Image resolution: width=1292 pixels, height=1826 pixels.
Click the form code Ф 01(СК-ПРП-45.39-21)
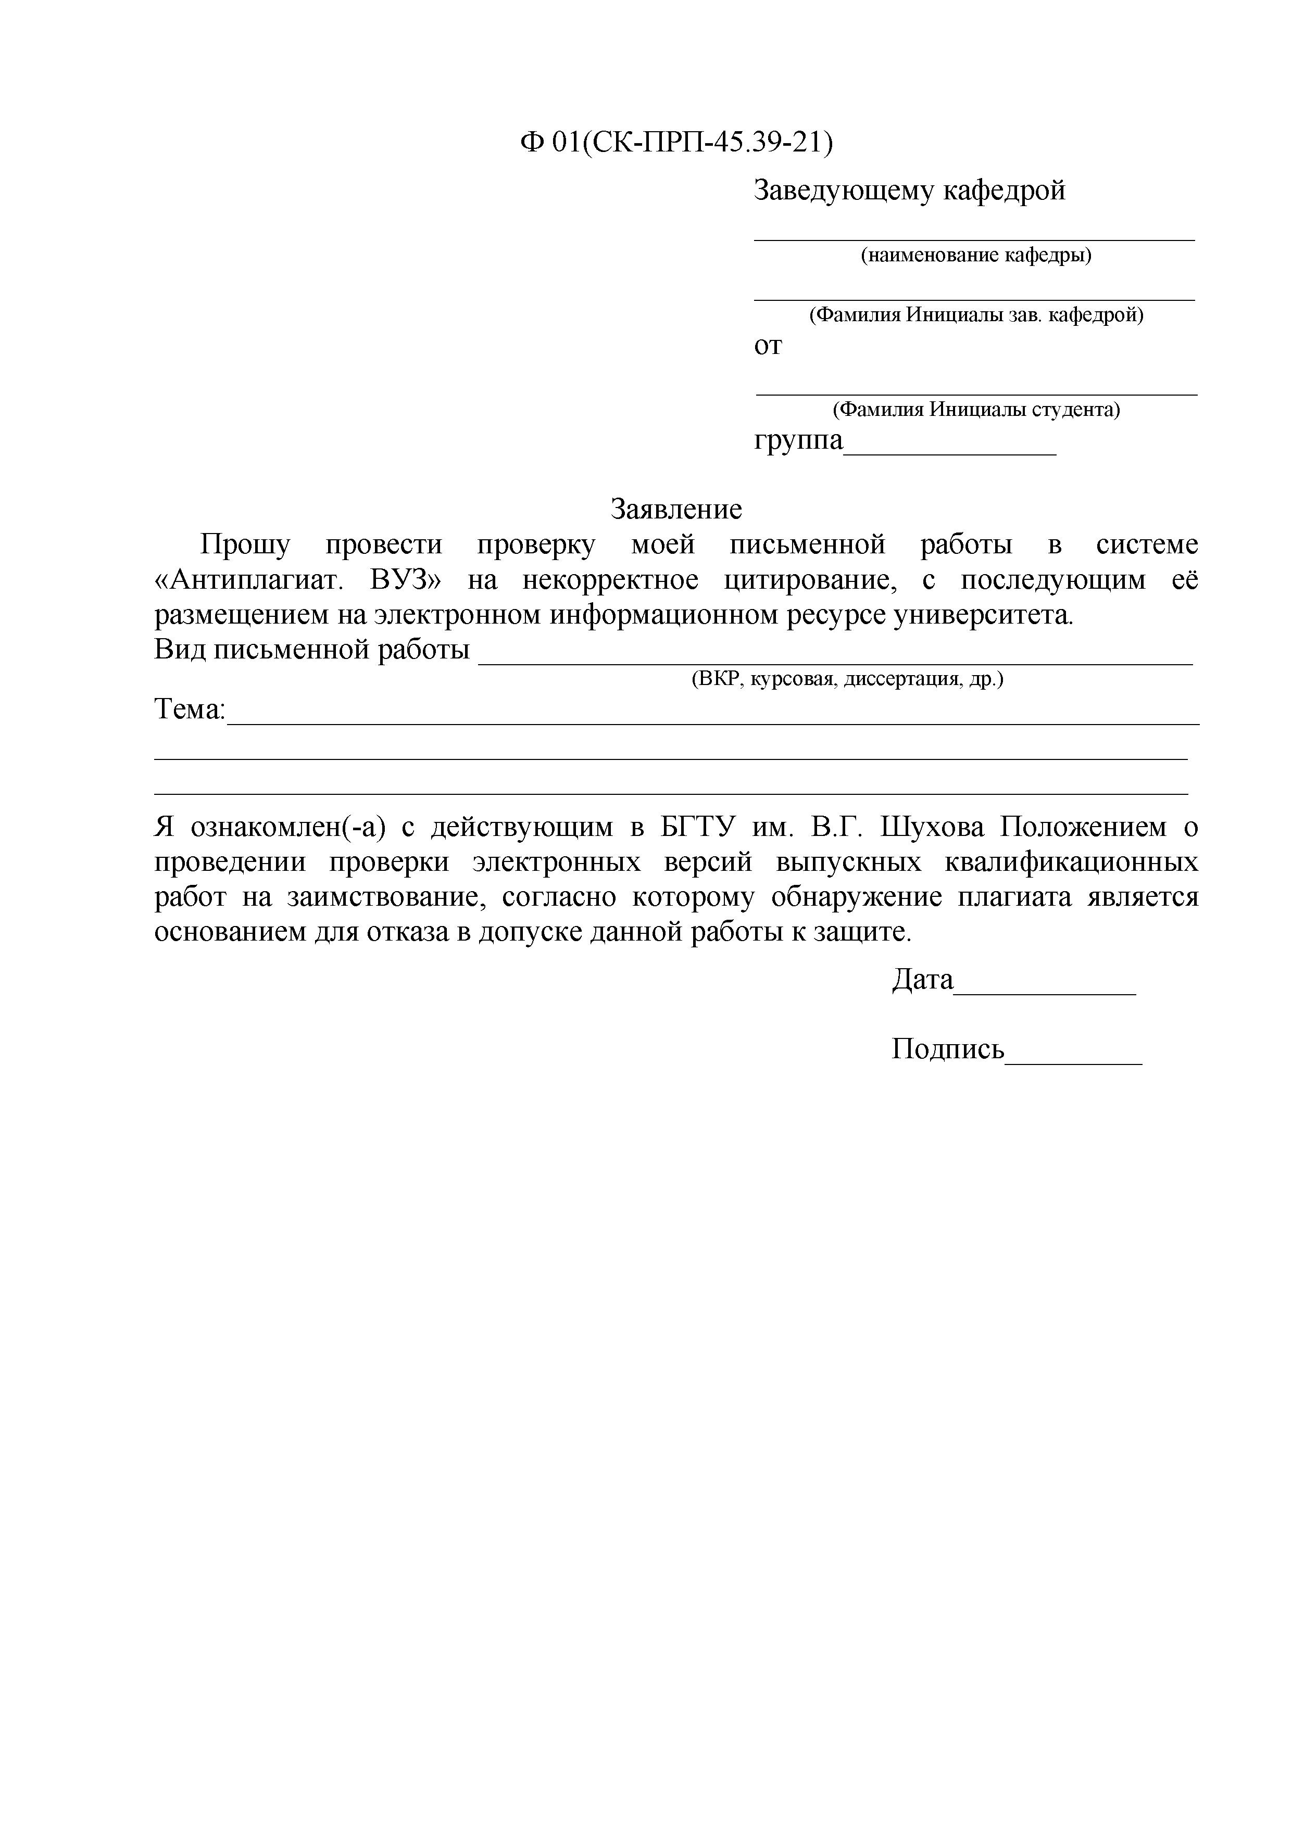tap(676, 143)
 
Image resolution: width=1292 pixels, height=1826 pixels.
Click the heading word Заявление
tap(676, 509)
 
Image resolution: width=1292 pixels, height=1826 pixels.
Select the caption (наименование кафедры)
tap(976, 255)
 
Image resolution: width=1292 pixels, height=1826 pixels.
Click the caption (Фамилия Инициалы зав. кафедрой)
tap(976, 315)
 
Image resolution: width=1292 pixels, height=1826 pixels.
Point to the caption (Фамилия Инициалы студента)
tap(976, 410)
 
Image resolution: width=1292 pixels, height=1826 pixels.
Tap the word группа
tap(798, 440)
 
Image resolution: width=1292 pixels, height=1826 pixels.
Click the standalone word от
tap(768, 347)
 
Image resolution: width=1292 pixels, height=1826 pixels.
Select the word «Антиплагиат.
tap(248, 580)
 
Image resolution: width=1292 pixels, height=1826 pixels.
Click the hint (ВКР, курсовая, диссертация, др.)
tap(847, 679)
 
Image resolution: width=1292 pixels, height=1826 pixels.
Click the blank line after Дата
tap(1045, 992)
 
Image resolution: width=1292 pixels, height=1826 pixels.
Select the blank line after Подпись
tap(1073, 1061)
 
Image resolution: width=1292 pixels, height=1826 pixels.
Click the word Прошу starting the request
tap(245, 546)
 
